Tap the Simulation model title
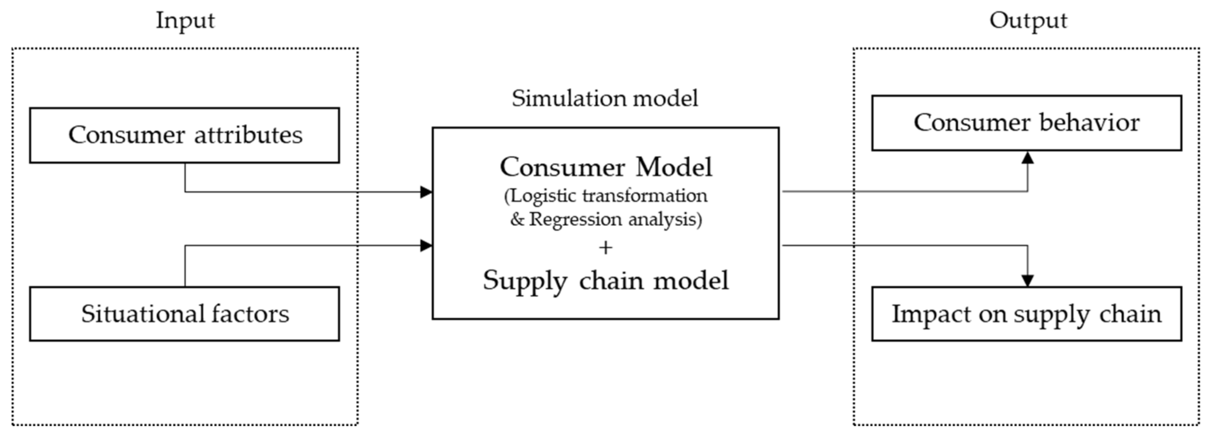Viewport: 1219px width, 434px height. pos(605,98)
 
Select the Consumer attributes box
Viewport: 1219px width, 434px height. pos(185,135)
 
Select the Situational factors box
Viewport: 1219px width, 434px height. pos(185,314)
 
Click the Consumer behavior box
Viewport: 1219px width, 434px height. pos(1026,123)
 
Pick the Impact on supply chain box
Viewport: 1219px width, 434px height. pos(1026,314)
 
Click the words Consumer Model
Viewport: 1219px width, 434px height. pos(606,167)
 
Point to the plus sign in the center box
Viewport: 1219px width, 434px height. pos(605,248)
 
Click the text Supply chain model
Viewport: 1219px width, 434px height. pos(606,280)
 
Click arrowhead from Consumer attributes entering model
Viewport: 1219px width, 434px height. pos(426,192)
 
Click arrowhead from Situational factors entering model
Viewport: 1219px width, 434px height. pos(426,245)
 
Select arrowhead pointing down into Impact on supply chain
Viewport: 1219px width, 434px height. pos(1027,280)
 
